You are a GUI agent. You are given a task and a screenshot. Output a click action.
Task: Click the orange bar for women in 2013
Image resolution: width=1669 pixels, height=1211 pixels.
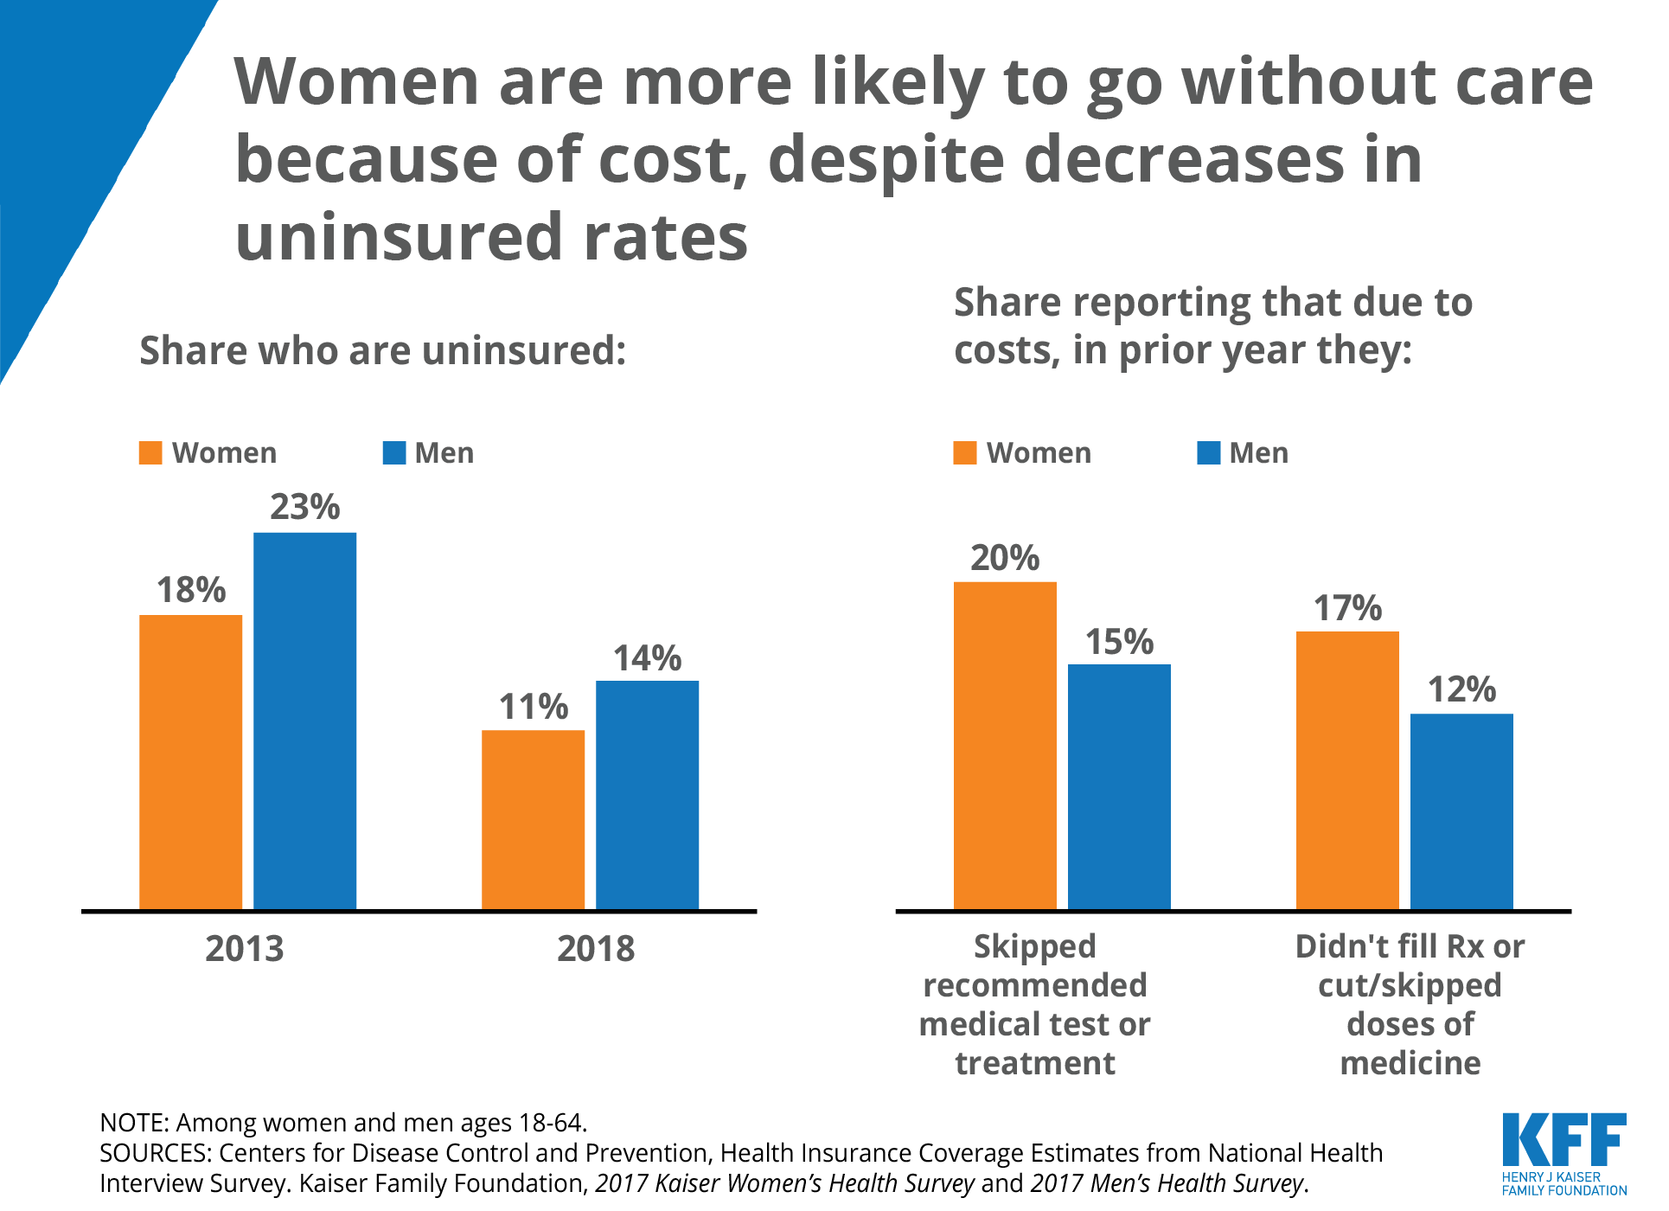click(190, 761)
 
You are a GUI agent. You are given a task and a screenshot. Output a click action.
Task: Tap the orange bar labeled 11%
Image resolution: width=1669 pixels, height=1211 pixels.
click(533, 819)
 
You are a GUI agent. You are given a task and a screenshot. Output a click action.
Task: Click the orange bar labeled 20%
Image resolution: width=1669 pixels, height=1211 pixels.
click(1005, 745)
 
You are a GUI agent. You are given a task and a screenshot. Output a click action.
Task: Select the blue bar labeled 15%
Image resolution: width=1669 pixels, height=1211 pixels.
click(1119, 786)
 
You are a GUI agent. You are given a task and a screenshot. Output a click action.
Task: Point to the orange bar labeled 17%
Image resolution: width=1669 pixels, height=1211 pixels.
click(1347, 770)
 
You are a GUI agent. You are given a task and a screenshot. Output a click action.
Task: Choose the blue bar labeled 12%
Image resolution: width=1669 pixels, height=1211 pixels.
click(1461, 811)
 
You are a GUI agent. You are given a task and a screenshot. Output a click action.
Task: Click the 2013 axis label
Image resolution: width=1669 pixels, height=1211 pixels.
click(244, 949)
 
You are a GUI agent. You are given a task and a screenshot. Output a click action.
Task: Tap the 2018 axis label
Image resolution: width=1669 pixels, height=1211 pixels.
click(595, 949)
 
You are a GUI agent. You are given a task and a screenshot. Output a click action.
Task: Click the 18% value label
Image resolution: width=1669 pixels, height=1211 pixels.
click(190, 590)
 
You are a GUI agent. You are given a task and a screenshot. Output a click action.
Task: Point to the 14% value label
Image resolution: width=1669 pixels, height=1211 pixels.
click(647, 658)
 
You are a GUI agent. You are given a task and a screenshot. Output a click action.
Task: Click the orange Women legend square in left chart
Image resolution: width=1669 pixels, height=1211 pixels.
click(150, 453)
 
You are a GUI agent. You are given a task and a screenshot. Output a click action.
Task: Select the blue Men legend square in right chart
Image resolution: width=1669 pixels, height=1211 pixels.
click(1208, 453)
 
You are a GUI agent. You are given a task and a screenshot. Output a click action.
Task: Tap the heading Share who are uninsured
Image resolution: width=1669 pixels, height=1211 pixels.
click(382, 351)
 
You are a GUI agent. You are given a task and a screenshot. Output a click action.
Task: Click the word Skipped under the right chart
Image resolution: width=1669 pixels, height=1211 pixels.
click(1034, 946)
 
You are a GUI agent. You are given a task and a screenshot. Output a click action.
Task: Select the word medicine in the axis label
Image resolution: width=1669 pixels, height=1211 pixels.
click(1410, 1063)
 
